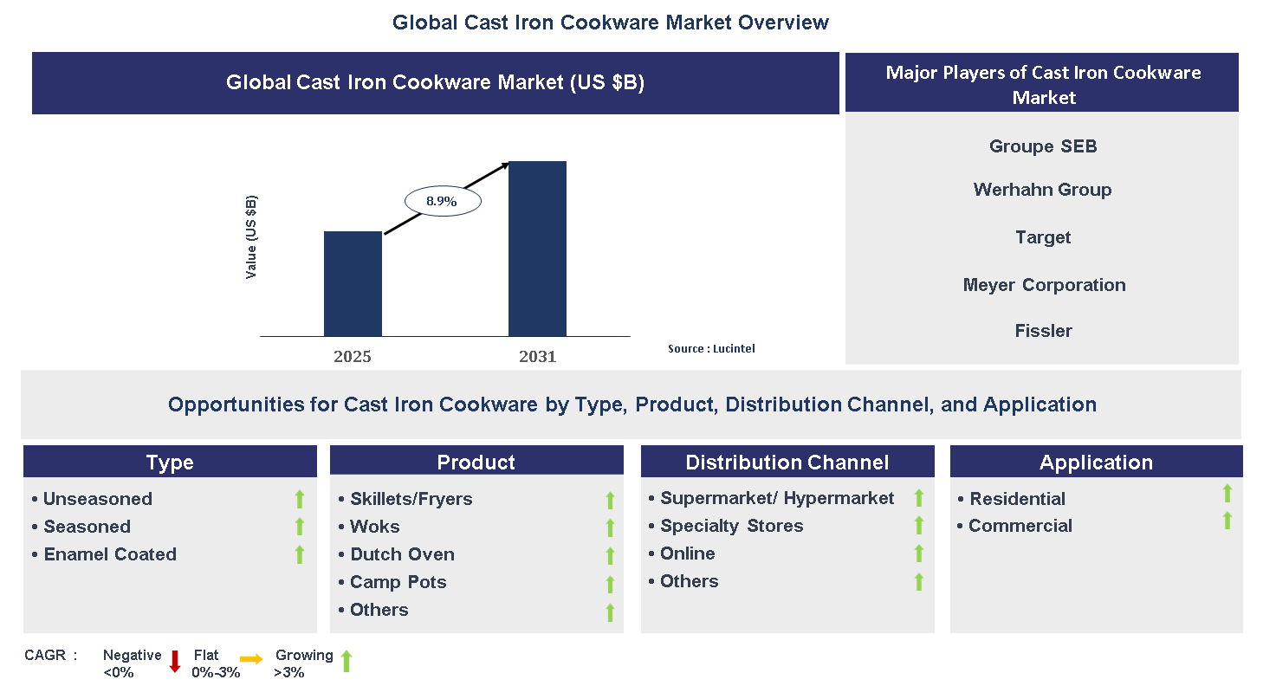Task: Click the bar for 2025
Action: tap(353, 283)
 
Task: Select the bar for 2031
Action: tap(537, 249)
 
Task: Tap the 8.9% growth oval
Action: tap(442, 201)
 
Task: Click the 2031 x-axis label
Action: tap(537, 356)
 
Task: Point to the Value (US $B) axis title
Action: tap(251, 236)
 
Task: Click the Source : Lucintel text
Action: tap(711, 348)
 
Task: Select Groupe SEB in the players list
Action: tap(1043, 146)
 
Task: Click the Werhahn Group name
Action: tap(1042, 190)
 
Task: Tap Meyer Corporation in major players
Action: tap(1044, 285)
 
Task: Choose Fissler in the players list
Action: tap(1043, 331)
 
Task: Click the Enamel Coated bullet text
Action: tap(110, 554)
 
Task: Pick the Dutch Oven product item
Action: tap(402, 554)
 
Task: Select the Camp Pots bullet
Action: tap(398, 582)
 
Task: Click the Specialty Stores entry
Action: tap(731, 526)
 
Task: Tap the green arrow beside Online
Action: tap(919, 553)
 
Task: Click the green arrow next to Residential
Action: tap(1227, 494)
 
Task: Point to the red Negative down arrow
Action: tap(175, 661)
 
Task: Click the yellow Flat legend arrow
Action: tap(251, 660)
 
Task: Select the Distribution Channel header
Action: tap(787, 463)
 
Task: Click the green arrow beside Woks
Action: tap(610, 527)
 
